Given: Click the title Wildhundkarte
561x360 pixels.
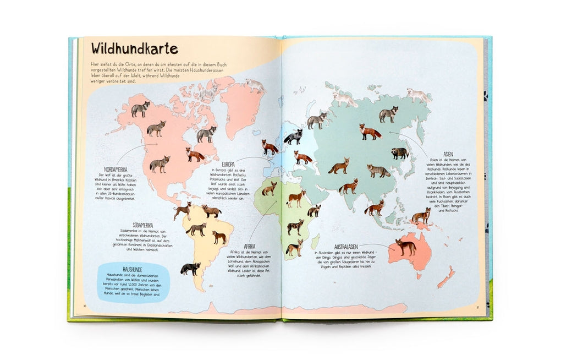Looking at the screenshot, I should pyautogui.click(x=134, y=49).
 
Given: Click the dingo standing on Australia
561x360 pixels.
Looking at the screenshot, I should pyautogui.click(x=406, y=247).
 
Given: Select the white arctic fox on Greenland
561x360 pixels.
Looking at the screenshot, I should pyautogui.click(x=255, y=85).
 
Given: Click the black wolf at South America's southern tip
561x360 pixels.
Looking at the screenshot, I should pyautogui.click(x=190, y=269).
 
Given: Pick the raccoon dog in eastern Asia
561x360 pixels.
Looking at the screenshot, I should pyautogui.click(x=400, y=153).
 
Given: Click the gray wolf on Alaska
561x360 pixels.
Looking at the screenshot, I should pyautogui.click(x=140, y=108).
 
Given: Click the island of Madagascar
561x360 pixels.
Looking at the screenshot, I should pyautogui.click(x=315, y=241).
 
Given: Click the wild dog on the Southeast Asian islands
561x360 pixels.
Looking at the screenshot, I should pyautogui.click(x=421, y=215).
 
